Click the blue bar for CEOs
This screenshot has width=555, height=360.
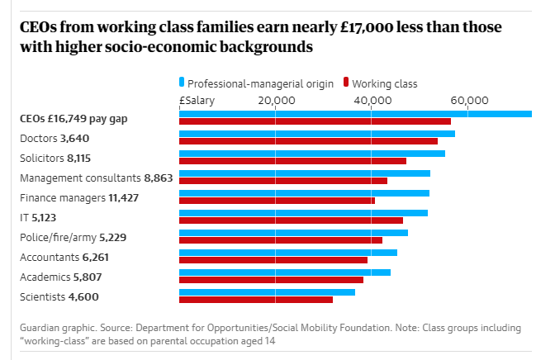coord(355,114)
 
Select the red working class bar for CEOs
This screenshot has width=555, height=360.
coord(315,121)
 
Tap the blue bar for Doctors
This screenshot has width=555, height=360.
coord(317,134)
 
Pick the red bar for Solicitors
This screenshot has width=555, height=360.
coord(292,161)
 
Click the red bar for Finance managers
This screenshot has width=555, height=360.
coord(277,201)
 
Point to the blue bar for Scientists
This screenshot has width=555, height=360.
coord(267,291)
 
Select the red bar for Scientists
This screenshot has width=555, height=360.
coord(256,300)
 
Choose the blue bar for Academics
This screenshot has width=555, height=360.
coord(285,272)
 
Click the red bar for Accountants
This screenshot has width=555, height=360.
coord(273,260)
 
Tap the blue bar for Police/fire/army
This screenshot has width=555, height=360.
coord(293,233)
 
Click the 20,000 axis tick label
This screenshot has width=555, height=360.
coord(277,100)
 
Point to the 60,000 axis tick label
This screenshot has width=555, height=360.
coord(468,100)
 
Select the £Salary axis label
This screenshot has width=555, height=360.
coord(197,100)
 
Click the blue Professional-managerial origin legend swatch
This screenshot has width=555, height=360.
coord(182,83)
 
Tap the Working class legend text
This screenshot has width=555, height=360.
coord(385,83)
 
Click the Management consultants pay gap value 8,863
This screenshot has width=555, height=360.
coord(158,178)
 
